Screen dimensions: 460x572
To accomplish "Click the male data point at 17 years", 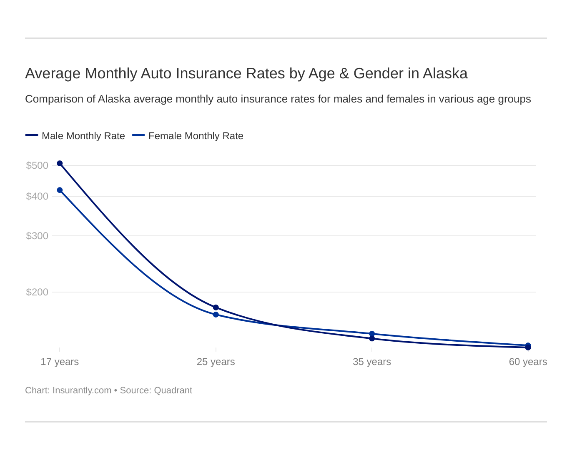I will (60, 163).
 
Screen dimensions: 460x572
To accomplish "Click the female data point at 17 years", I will (60, 190).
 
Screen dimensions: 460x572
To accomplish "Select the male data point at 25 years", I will (216, 307).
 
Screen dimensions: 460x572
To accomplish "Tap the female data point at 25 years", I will (216, 315).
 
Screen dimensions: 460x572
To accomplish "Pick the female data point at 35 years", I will (372, 334).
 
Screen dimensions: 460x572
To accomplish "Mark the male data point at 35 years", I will (372, 339).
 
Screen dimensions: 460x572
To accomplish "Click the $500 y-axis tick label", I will (37, 165).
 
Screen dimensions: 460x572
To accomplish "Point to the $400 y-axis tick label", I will (37, 196).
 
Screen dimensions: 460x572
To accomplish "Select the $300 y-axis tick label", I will (37, 236).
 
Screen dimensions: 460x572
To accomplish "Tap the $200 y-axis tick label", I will (37, 292).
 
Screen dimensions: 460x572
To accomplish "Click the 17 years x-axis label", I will (60, 362).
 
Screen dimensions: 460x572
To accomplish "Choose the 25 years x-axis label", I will (216, 362).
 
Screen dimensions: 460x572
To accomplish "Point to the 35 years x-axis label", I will (372, 362).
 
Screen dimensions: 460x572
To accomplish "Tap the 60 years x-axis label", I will (528, 362).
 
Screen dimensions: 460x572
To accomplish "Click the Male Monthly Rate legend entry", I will (83, 136).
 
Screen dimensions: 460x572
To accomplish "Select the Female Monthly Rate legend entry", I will (196, 136).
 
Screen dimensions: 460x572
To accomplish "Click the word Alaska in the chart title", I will (445, 73).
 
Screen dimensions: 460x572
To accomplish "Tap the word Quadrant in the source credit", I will (173, 390).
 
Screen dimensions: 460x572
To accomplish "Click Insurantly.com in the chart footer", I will (82, 390).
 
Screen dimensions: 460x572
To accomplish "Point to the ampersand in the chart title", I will (344, 73).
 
